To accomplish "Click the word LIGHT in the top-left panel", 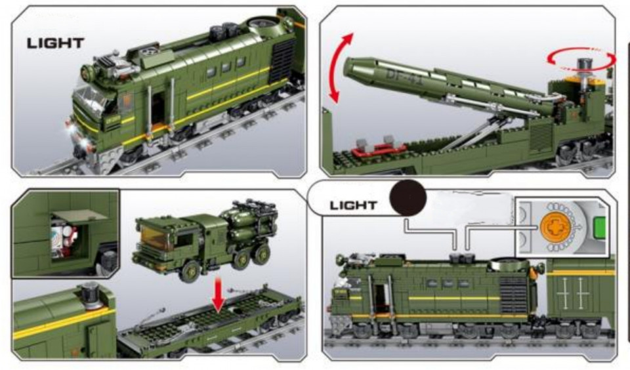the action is click(x=55, y=43).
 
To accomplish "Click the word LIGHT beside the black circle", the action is click(x=353, y=205).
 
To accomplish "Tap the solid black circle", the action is click(x=408, y=197).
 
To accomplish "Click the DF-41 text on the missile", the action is click(x=404, y=76).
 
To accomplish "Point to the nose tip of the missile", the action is click(x=345, y=68).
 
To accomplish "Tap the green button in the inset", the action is click(x=599, y=228).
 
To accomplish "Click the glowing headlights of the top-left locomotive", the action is click(x=78, y=136).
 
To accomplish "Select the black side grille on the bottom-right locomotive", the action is click(x=513, y=295).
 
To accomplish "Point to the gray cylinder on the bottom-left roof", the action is click(x=91, y=295).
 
